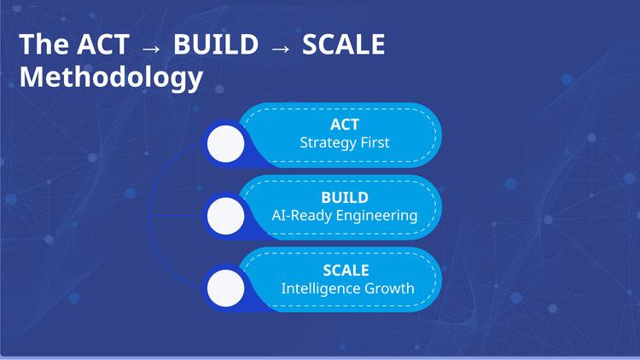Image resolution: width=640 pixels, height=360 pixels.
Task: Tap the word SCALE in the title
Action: (345, 44)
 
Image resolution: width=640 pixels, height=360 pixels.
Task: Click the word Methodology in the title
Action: (111, 78)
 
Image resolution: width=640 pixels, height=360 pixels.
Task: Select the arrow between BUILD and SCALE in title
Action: (281, 46)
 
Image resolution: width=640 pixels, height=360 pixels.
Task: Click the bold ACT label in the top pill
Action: (345, 125)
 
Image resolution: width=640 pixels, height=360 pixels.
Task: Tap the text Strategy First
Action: (345, 142)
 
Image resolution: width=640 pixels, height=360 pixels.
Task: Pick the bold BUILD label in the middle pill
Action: (344, 198)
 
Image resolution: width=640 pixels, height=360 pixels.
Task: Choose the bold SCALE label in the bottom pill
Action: (346, 270)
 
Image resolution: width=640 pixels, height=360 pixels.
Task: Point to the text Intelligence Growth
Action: (348, 288)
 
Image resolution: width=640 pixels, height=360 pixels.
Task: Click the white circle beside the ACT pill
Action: (226, 142)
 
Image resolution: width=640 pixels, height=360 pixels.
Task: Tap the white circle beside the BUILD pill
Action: (226, 215)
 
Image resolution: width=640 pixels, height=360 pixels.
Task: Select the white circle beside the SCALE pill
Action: (226, 287)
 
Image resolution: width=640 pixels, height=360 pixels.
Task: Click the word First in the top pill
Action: (373, 142)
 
